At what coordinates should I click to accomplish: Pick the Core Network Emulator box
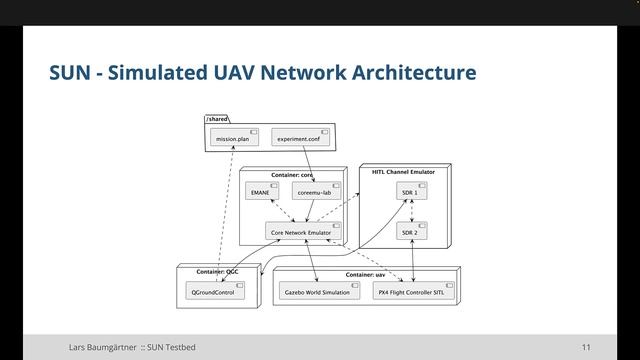click(299, 232)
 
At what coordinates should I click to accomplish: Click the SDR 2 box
click(408, 232)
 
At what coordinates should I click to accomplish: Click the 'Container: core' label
click(292, 174)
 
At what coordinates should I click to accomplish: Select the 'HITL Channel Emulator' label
click(402, 172)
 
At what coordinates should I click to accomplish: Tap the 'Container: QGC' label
click(217, 271)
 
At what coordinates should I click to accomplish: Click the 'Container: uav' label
click(366, 273)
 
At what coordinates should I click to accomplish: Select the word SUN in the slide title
click(70, 73)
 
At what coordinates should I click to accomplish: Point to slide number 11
click(585, 347)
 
